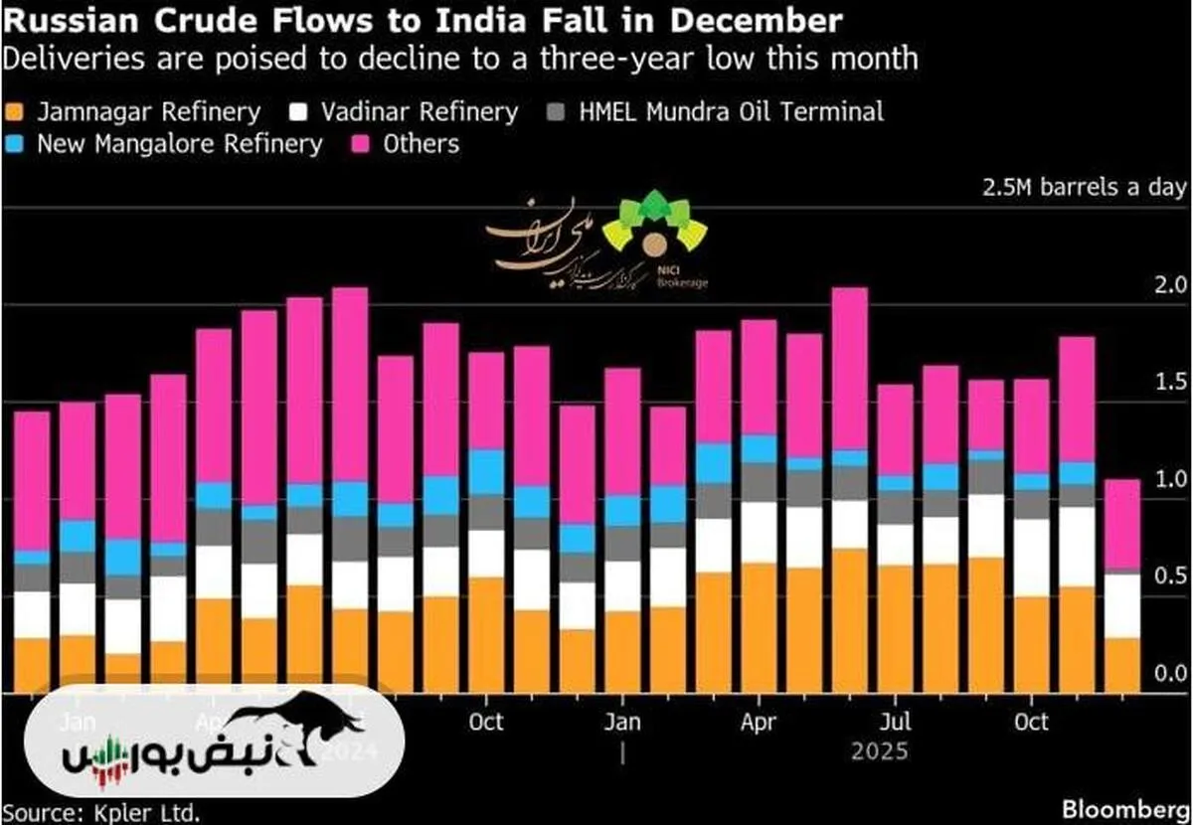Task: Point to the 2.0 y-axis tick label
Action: [1170, 286]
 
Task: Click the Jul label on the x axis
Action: [898, 721]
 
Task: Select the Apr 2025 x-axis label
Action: [760, 721]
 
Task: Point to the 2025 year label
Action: [880, 751]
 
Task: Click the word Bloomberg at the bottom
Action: [1128, 807]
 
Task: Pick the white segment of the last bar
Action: [1122, 605]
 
